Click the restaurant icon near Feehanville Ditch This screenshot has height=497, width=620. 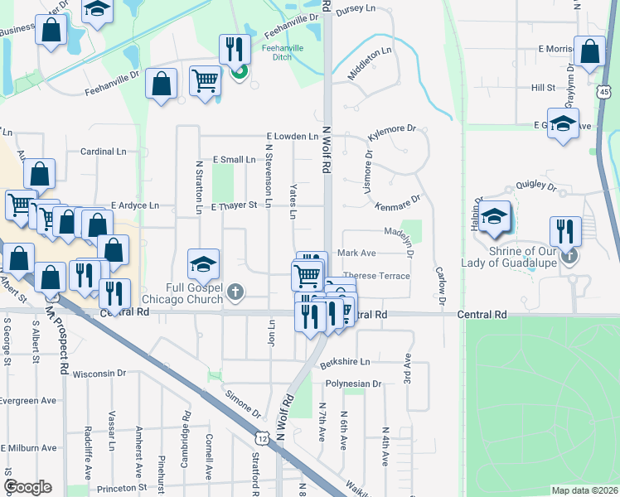(x=235, y=49)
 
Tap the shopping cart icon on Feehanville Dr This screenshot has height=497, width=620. (x=205, y=80)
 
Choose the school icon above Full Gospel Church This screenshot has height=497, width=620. (x=203, y=263)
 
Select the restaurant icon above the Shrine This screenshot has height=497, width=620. (x=565, y=230)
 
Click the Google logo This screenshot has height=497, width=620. (x=27, y=487)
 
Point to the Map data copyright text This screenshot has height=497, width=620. (x=584, y=490)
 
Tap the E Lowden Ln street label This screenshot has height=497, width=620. (x=292, y=136)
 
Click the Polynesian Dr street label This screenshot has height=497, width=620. (x=353, y=384)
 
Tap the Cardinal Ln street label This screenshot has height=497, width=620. (x=104, y=152)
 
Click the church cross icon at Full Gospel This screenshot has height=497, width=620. (x=236, y=291)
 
